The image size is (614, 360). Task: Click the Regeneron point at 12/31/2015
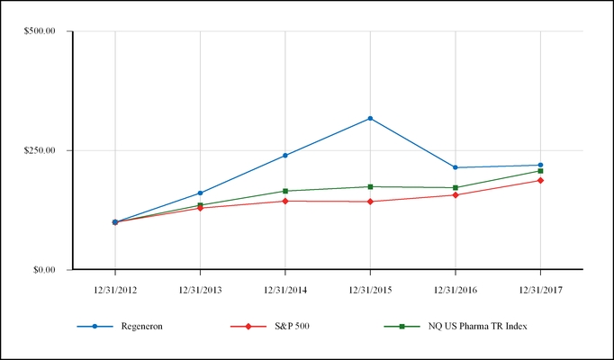tap(370, 119)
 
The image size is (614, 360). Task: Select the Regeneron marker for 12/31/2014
tap(285, 156)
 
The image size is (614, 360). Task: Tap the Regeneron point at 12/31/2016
tap(456, 167)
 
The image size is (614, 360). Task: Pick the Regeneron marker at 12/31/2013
tap(200, 193)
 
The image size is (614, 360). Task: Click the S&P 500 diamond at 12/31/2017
tap(540, 180)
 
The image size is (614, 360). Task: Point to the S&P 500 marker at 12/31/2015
tap(370, 202)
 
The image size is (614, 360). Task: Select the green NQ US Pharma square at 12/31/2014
tap(285, 191)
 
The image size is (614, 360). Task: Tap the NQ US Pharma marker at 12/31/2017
tap(540, 171)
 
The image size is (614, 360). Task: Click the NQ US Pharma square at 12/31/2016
tap(456, 187)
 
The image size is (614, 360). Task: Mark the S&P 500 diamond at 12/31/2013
tap(200, 208)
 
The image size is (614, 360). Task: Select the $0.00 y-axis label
tap(42, 269)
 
